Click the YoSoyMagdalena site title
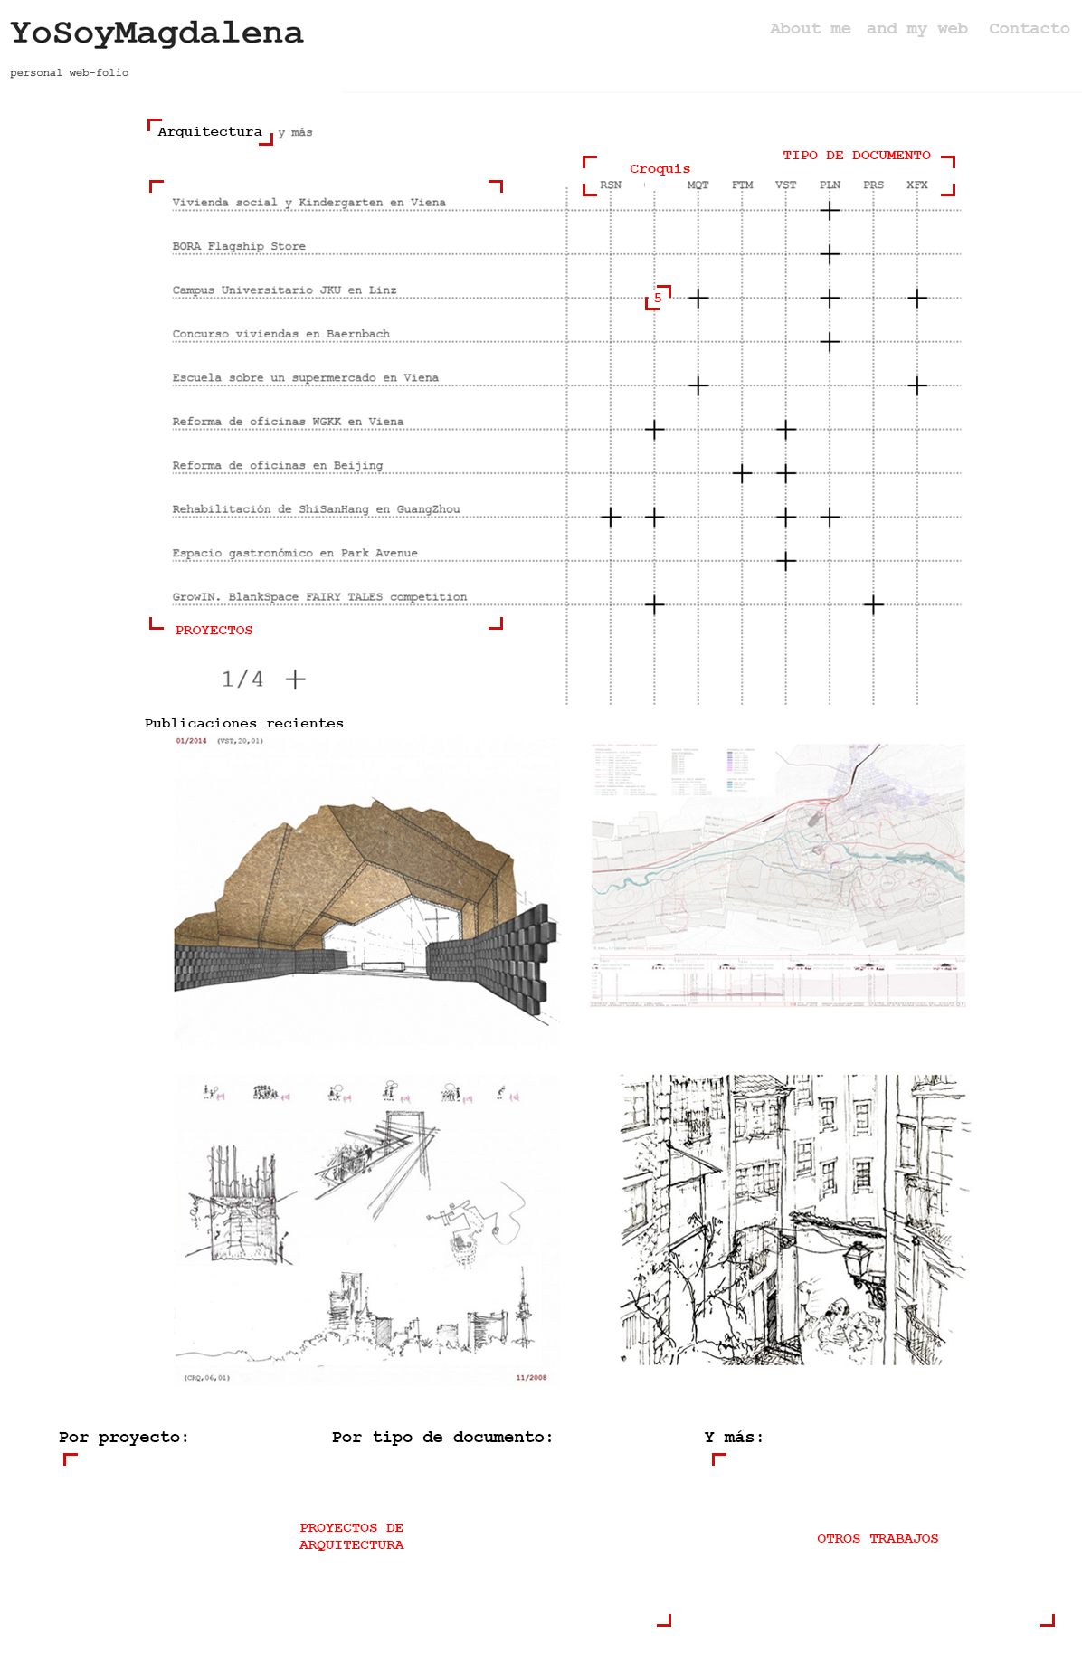click(x=157, y=33)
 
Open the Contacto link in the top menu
click(x=1029, y=29)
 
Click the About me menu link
click(x=810, y=29)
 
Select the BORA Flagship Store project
click(x=239, y=246)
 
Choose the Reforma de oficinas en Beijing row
click(x=277, y=465)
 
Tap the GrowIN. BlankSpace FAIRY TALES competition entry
click(x=319, y=597)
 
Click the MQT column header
click(x=698, y=185)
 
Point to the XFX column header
click(x=916, y=185)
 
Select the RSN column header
click(x=611, y=185)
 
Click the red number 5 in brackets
click(x=658, y=298)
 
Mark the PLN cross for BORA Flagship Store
click(x=830, y=254)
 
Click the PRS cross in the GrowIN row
click(x=873, y=605)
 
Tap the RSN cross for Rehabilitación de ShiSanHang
click(x=611, y=518)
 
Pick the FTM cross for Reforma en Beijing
click(x=742, y=473)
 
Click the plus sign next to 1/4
click(x=296, y=679)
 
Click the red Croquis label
click(x=660, y=169)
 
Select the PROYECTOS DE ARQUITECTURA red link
click(x=351, y=1536)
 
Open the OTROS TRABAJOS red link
click(x=878, y=1538)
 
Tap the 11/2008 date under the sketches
click(x=531, y=1378)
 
